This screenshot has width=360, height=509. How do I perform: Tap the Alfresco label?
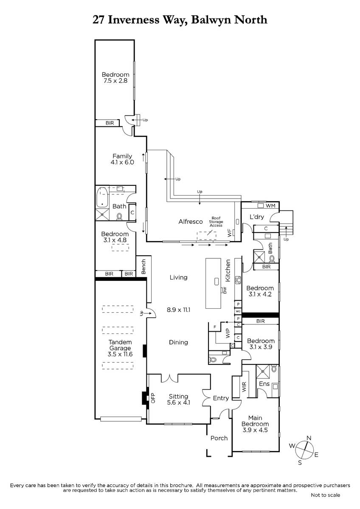pyautogui.click(x=190, y=221)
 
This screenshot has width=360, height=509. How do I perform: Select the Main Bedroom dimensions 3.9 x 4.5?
pyautogui.click(x=255, y=430)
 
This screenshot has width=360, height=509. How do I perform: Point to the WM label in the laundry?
pyautogui.click(x=270, y=206)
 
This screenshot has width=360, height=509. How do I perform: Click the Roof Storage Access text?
pyautogui.click(x=216, y=221)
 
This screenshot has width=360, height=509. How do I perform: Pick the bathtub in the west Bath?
pyautogui.click(x=102, y=197)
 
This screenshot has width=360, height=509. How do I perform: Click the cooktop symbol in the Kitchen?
pyautogui.click(x=238, y=280)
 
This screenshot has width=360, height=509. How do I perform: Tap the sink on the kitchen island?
pyautogui.click(x=216, y=282)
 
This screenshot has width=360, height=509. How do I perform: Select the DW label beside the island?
pyautogui.click(x=225, y=291)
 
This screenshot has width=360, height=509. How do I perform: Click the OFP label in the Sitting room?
pyautogui.click(x=153, y=398)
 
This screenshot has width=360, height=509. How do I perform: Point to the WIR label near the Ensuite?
pyautogui.click(x=244, y=386)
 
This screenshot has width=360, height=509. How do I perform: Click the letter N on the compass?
pyautogui.click(x=309, y=438)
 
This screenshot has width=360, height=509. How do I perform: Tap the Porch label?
pyautogui.click(x=219, y=438)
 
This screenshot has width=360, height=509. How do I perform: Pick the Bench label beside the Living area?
pyautogui.click(x=143, y=266)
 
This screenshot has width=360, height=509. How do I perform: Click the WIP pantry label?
pyautogui.click(x=228, y=333)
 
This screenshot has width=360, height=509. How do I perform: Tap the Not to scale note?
pyautogui.click(x=325, y=495)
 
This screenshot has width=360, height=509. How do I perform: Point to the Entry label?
pyautogui.click(x=221, y=398)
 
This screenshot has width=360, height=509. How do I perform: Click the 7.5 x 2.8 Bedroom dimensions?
pyautogui.click(x=115, y=81)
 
